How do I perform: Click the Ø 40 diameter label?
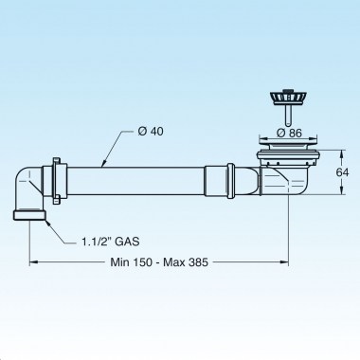(157, 131)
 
